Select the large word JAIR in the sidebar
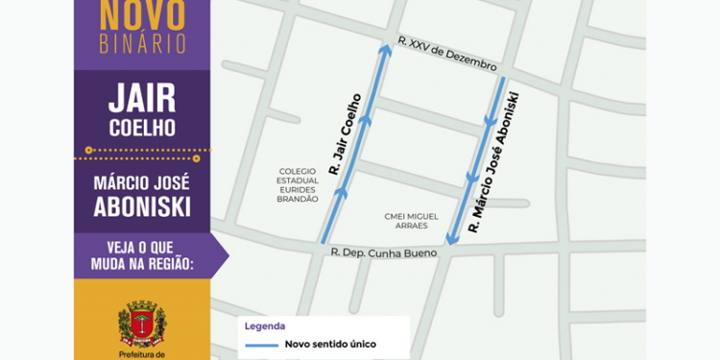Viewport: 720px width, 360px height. (142, 98)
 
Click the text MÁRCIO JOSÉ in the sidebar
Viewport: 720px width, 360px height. (142, 180)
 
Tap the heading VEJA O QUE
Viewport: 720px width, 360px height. (142, 243)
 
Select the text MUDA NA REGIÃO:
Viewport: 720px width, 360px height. (142, 261)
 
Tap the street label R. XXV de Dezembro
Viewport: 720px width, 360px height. (448, 55)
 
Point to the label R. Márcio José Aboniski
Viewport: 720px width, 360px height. (494, 163)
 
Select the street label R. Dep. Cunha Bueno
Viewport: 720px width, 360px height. (383, 252)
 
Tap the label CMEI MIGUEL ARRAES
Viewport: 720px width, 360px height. (411, 220)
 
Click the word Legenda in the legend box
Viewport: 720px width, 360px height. (264, 325)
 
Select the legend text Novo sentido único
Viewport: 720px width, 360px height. (329, 344)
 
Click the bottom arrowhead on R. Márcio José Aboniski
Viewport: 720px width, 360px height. (450, 239)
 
